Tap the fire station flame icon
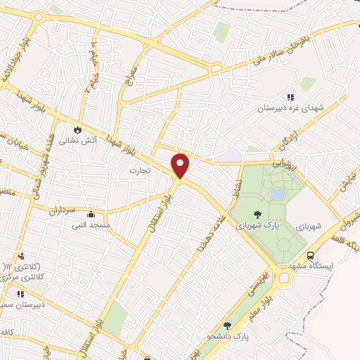(x=77, y=129)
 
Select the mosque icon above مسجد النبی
(x=90, y=215)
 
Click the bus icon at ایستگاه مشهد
(x=311, y=256)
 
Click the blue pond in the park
(x=278, y=194)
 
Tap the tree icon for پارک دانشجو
(x=226, y=325)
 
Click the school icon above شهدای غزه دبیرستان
(x=290, y=98)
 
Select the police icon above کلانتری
(x=21, y=256)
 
